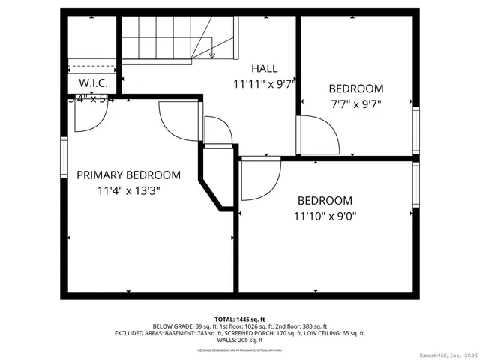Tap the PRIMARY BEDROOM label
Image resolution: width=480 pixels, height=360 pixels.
pyautogui.click(x=128, y=175)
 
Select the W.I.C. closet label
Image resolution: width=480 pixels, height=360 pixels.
pyautogui.click(x=93, y=83)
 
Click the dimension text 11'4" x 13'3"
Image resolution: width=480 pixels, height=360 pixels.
pyautogui.click(x=128, y=190)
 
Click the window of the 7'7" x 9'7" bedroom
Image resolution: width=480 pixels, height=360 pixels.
pyautogui.click(x=415, y=130)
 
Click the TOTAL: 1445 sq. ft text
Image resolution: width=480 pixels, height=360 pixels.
pyautogui.click(x=239, y=319)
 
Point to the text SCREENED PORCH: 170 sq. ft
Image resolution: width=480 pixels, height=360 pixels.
pyautogui.click(x=282, y=333)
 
